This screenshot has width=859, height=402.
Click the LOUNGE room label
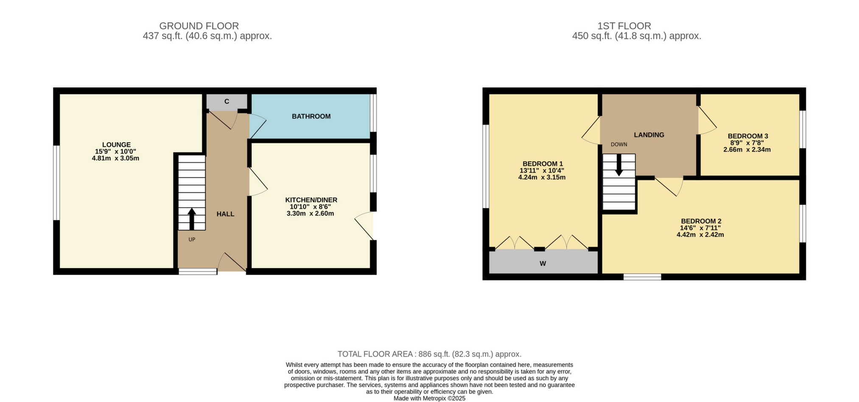point(116,144)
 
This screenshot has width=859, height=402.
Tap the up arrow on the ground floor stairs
point(192,218)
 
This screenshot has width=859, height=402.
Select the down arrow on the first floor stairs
point(619,165)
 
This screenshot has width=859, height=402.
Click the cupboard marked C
point(227,102)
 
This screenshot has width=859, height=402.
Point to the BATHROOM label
point(311,116)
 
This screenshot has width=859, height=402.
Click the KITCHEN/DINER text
point(311,200)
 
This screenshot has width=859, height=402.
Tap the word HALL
point(225,214)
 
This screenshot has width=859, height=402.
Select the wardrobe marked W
point(543,263)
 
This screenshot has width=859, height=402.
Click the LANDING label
point(649,135)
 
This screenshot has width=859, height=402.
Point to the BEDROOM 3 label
point(748,136)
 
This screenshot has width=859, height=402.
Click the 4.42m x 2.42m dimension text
point(700,235)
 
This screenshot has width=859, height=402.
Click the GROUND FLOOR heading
point(199,26)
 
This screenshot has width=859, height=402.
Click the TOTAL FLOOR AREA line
point(429,354)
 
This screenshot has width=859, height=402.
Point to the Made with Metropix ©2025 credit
point(429,399)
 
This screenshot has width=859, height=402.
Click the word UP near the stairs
point(192,240)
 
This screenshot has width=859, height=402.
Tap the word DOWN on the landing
point(619,144)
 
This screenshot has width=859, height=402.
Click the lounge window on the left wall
point(56,183)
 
